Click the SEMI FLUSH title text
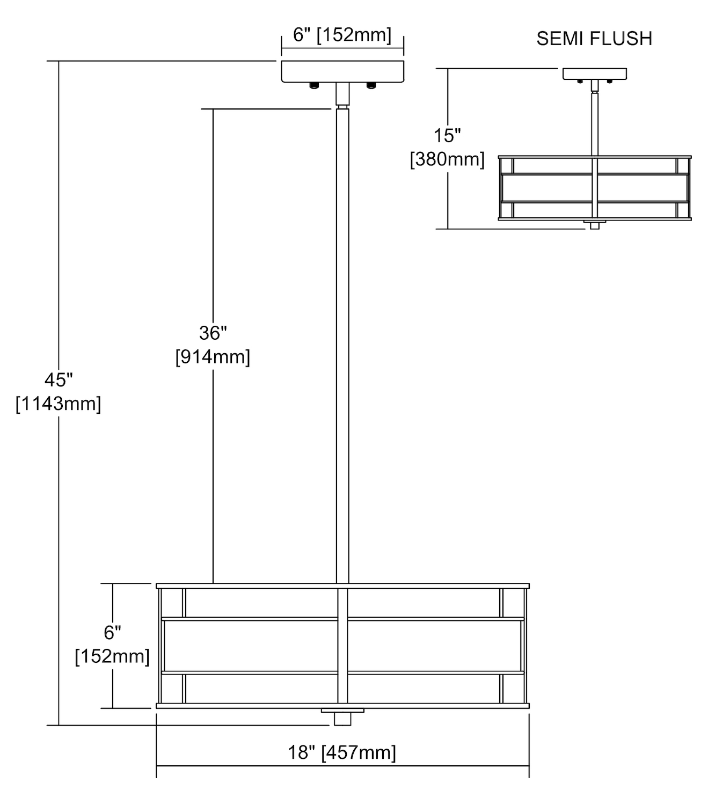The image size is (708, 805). point(594,39)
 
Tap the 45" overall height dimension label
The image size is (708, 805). point(59,380)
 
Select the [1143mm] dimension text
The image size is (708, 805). point(59,404)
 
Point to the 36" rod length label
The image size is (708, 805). point(213,333)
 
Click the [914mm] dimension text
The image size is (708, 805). point(213,357)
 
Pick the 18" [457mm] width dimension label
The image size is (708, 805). point(342,752)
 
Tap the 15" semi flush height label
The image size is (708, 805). point(447,136)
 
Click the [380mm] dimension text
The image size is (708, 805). point(447,159)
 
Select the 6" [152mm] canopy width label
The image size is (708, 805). point(342,35)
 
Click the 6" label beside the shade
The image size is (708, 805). point(112,633)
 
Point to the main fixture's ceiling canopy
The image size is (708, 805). point(342,71)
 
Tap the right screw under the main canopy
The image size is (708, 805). point(370,85)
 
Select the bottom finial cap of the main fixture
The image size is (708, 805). point(342,718)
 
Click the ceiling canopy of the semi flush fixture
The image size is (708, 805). point(594,74)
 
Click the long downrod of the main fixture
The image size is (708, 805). point(342,343)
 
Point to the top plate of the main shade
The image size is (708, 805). point(342,586)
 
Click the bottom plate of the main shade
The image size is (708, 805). point(342,706)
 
